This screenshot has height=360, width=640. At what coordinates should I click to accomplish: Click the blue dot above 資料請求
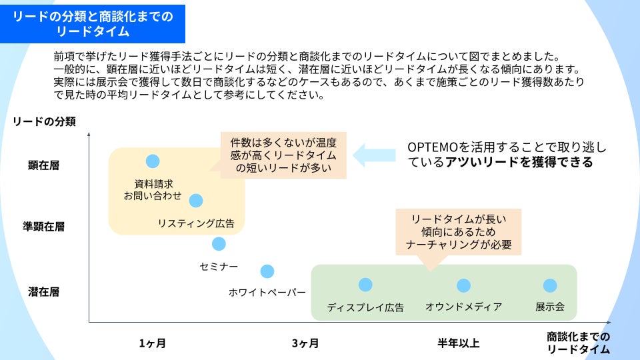153,161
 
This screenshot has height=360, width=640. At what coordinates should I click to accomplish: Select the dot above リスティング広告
196,200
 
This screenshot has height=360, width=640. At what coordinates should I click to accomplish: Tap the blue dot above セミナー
219,244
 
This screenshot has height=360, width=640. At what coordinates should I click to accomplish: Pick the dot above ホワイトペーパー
267,271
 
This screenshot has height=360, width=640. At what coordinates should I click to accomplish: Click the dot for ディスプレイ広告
365,285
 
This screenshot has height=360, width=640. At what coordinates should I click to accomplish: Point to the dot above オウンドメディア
463,285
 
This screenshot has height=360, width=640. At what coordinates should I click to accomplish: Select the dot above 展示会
550,285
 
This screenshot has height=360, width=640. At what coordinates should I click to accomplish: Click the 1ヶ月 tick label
153,343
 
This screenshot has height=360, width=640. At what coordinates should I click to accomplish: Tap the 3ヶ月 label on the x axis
305,343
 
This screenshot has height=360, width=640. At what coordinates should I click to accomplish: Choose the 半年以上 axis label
458,343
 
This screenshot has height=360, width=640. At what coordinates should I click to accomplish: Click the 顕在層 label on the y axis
44,165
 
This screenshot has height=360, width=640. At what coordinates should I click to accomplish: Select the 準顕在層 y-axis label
44,226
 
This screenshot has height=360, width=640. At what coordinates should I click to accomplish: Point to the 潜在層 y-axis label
44,291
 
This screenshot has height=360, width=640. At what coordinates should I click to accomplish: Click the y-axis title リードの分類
44,121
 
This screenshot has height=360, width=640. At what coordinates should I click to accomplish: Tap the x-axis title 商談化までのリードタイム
578,343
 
